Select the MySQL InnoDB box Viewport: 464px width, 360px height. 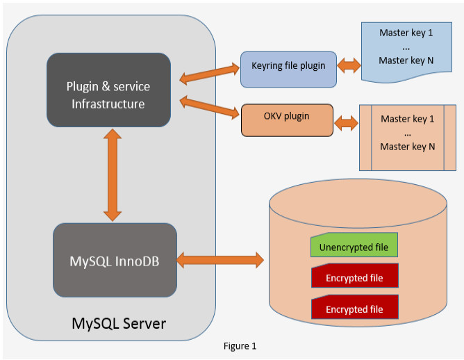[x=115, y=261]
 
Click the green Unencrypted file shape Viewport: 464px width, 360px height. [x=354, y=246]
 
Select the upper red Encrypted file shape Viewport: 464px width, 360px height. [x=354, y=277]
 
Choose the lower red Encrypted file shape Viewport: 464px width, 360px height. [x=354, y=308]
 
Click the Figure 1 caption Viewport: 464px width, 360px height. [x=240, y=345]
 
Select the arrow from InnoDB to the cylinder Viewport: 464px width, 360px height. [x=221, y=261]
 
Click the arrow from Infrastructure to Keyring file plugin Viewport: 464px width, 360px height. [x=209, y=70]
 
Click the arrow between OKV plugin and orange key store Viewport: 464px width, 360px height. [x=346, y=123]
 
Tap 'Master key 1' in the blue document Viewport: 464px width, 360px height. [x=406, y=33]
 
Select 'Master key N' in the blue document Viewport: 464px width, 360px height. [x=406, y=60]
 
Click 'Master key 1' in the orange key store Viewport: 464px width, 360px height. [x=408, y=119]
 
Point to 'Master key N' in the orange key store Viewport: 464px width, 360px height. [x=408, y=147]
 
